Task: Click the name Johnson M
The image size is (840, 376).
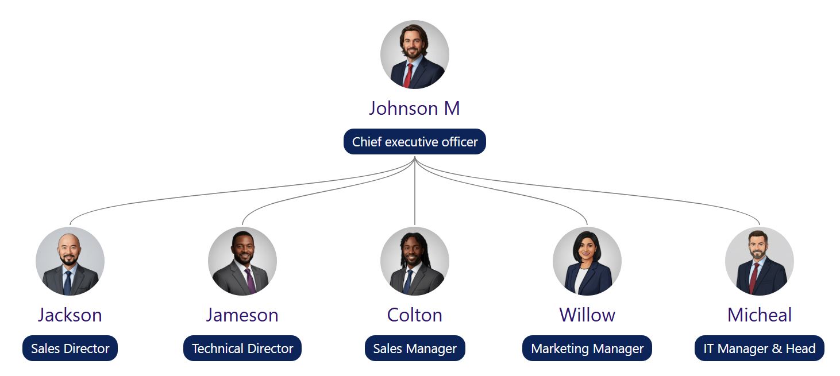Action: (414, 108)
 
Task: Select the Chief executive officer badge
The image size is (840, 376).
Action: (415, 142)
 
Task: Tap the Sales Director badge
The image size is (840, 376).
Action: (70, 348)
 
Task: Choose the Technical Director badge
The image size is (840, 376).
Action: (242, 348)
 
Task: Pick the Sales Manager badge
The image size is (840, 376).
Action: (415, 348)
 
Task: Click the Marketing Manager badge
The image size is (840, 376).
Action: (587, 348)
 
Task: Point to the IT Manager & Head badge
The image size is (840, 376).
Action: (760, 348)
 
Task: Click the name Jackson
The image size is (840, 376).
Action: (70, 315)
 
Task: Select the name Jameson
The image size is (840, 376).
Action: (242, 315)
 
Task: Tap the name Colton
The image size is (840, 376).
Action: (415, 315)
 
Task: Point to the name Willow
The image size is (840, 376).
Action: (587, 315)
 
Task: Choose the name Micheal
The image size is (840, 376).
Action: (760, 315)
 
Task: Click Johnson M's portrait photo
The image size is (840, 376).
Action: (415, 55)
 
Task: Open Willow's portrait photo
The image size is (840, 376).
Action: (587, 261)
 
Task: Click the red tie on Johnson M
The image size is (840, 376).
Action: (408, 76)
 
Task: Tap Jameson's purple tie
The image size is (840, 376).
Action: (250, 281)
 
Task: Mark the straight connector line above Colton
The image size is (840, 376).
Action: (415, 191)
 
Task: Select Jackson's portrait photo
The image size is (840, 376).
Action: (70, 261)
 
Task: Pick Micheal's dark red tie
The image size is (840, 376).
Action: (754, 278)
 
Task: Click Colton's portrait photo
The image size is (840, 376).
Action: (415, 261)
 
